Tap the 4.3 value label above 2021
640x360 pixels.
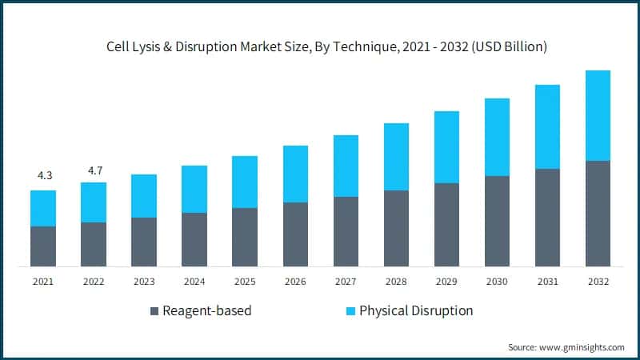click(43, 175)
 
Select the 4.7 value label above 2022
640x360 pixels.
click(94, 170)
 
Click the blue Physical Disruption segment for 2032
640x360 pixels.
click(598, 115)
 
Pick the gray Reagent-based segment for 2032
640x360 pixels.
click(598, 213)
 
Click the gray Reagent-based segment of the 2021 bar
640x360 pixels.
click(43, 246)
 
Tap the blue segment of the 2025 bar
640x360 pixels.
click(245, 182)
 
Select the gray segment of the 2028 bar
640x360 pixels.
click(396, 228)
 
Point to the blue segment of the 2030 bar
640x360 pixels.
click(497, 137)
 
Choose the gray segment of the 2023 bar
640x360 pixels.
click(144, 242)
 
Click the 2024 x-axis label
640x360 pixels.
click(194, 282)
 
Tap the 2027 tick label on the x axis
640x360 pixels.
click(346, 282)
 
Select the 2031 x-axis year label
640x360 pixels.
click(547, 282)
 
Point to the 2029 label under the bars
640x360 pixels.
click(446, 282)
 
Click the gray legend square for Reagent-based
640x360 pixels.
click(154, 310)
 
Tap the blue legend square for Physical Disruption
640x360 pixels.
click(350, 310)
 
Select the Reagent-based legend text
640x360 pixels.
click(206, 310)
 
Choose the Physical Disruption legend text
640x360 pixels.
click(416, 310)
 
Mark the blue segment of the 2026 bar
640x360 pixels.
click(295, 174)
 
